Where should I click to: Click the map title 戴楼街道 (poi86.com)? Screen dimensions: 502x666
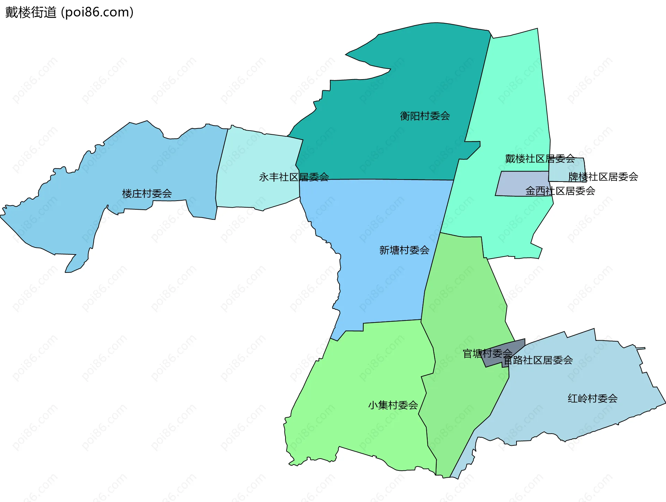tap(69, 12)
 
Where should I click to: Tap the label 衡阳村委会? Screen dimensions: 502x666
tap(425, 116)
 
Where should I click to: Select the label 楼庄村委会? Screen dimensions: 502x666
tap(147, 194)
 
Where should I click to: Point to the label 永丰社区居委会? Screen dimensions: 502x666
tap(294, 177)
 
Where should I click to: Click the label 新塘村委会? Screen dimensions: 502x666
tap(404, 250)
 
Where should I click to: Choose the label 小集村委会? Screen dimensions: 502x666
tap(393, 405)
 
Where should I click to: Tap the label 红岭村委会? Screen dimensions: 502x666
tap(592, 399)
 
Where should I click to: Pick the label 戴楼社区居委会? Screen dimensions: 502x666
tap(540, 159)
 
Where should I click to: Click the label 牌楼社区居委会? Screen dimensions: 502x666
tap(603, 177)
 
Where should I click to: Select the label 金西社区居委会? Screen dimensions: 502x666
tap(560, 191)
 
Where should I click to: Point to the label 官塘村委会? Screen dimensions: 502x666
tap(487, 354)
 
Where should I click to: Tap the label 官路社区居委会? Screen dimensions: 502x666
tap(538, 360)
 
